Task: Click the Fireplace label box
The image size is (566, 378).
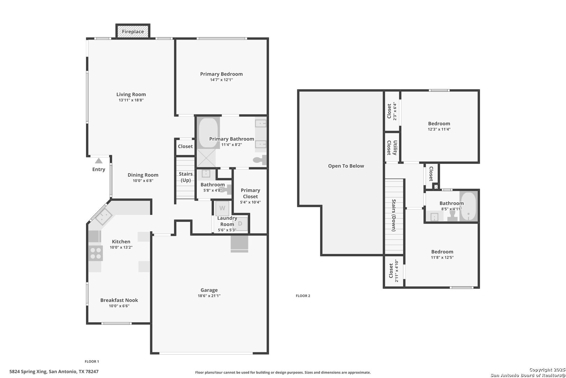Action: coord(133,31)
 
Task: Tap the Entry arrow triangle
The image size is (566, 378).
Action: coord(99,161)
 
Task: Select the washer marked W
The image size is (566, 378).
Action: coord(222,208)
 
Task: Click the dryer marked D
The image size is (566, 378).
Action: coord(240,223)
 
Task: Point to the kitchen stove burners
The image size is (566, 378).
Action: coord(96,253)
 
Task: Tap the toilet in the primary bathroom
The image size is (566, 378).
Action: coord(260,160)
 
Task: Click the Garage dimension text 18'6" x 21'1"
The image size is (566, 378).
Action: coord(209,296)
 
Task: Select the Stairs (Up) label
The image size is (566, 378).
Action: coord(186,177)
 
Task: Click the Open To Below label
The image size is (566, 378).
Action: coord(346,166)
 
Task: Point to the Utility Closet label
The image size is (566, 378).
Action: coord(392,148)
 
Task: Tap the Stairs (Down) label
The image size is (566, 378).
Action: coord(394,215)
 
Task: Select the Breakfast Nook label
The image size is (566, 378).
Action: coord(119,300)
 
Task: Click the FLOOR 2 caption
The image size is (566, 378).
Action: coord(303,296)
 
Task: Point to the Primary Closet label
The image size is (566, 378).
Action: coord(250,193)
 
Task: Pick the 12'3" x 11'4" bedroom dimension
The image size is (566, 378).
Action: coord(439,129)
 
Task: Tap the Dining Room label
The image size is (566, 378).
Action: coord(143,175)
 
